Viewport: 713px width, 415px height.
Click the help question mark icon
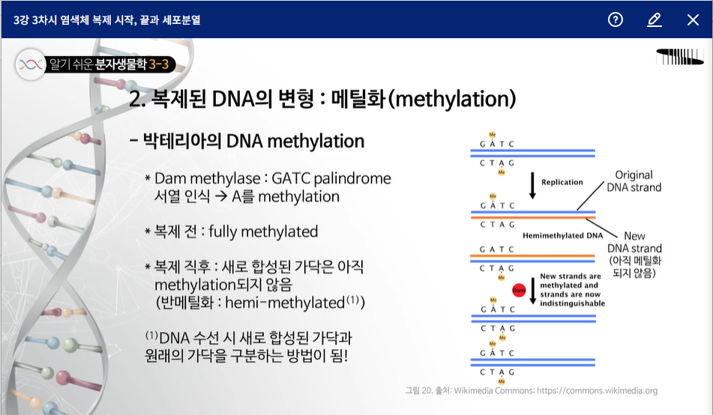616,19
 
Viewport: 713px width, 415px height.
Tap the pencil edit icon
655,19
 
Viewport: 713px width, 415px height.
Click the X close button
693,19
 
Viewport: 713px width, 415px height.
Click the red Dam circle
519,290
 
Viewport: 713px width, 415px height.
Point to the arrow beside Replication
532,186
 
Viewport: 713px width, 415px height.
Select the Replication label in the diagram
562,182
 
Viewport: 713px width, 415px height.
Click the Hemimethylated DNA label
562,235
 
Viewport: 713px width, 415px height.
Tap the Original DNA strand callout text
634,181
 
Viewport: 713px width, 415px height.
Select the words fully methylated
263,231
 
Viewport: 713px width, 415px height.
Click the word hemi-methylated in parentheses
285,303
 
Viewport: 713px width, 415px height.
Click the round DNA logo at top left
31,64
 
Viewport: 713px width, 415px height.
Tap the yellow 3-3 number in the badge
159,64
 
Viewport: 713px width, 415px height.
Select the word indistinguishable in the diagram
573,303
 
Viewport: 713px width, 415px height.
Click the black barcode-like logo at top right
680,56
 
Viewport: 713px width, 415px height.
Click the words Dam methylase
208,178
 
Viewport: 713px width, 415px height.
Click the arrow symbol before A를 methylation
221,197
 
